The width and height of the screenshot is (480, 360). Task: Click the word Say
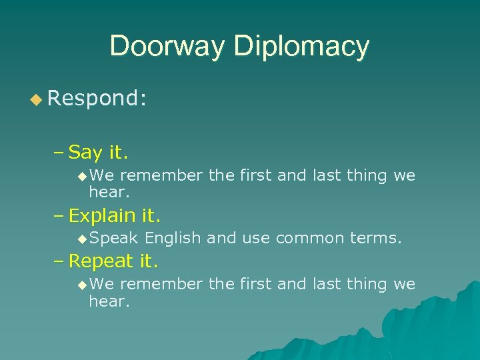click(x=85, y=153)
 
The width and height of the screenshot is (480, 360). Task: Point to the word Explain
click(x=103, y=216)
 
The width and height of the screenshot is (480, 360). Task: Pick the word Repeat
click(x=101, y=260)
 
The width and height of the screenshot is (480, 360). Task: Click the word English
click(x=173, y=238)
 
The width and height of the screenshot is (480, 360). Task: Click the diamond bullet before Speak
click(x=82, y=239)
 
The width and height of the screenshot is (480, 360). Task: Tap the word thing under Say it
click(x=367, y=175)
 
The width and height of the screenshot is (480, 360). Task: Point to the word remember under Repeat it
click(x=161, y=285)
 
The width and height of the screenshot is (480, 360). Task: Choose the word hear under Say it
click(x=109, y=193)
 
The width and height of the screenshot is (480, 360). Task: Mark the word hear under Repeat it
click(x=109, y=302)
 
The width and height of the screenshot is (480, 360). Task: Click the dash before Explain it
click(x=58, y=216)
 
